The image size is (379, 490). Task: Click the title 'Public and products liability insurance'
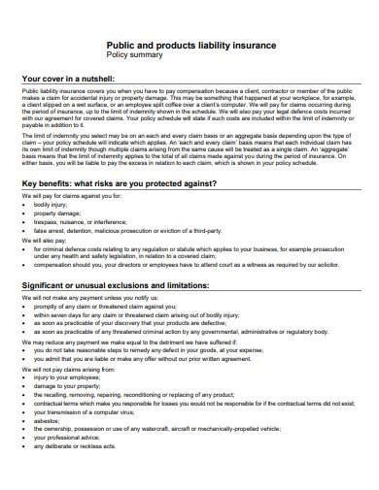pos(190,46)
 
